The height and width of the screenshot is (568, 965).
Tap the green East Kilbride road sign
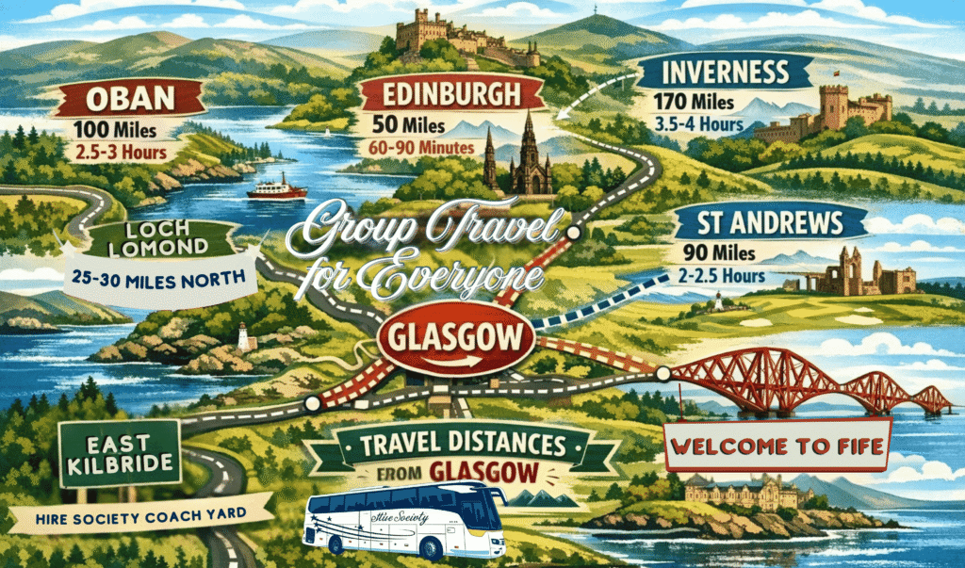[119, 453]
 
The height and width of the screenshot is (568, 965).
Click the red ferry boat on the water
[277, 188]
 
